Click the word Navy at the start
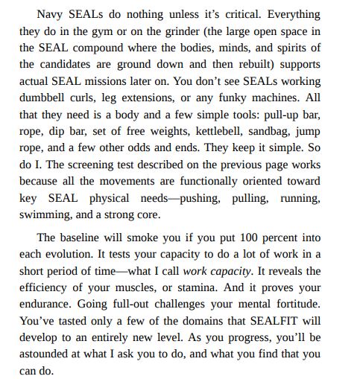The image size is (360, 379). (51, 15)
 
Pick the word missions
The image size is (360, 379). (132, 81)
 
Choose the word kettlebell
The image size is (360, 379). (226, 131)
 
